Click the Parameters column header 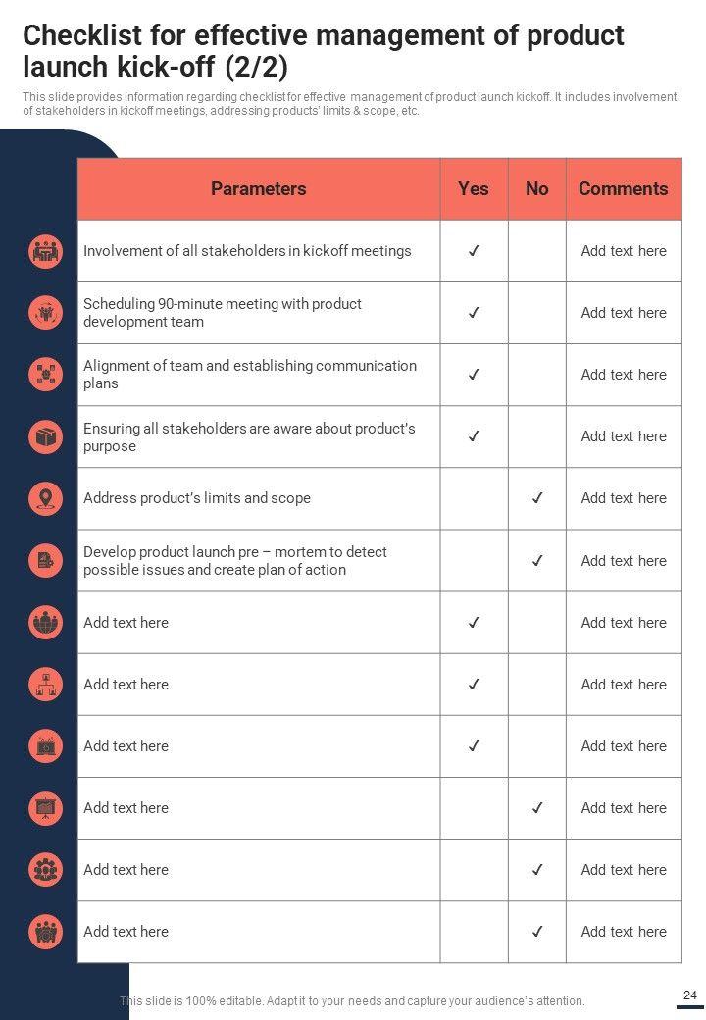[258, 189]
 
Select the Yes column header [473, 189]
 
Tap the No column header [536, 189]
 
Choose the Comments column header [623, 189]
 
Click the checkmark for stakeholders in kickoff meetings [473, 251]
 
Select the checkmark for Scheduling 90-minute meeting [473, 313]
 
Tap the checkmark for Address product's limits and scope [536, 498]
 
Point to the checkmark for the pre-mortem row [536, 561]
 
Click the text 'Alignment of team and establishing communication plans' [250, 375]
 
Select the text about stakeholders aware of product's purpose [249, 437]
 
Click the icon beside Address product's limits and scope [46, 498]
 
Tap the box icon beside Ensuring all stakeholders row [46, 436]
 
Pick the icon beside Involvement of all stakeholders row [46, 251]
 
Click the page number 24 [690, 995]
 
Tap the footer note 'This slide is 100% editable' [352, 1001]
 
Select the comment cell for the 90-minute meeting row [623, 313]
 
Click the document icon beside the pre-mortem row [46, 560]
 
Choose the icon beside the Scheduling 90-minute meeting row [46, 313]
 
